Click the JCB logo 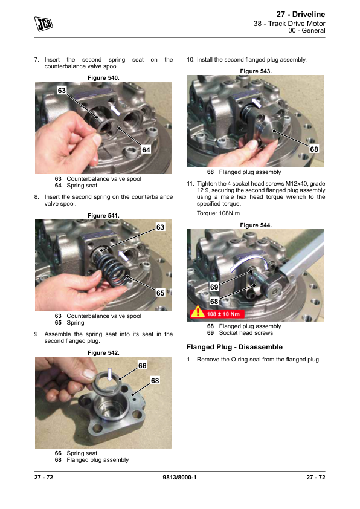point(43,24)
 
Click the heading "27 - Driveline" point(301,15)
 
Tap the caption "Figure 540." point(103,78)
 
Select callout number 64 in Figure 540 point(146,150)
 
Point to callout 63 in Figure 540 point(62,90)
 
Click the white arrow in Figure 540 point(115,109)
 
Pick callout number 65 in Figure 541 point(160,293)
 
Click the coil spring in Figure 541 point(112,267)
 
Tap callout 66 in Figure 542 point(143,366)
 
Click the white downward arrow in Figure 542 point(110,375)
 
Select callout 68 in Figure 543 point(314,149)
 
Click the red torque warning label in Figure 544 point(217,313)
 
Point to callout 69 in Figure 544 point(214,287)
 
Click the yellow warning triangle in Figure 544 point(197,313)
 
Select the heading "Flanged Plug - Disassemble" point(234,347)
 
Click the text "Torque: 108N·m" point(218,213)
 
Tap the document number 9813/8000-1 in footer point(179,477)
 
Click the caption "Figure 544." point(256,225)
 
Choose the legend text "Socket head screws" point(246,333)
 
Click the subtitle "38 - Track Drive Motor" point(289,24)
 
